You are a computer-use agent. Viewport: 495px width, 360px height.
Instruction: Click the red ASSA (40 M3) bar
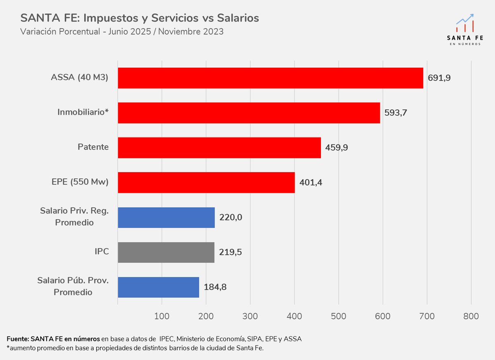pyautogui.click(x=270, y=78)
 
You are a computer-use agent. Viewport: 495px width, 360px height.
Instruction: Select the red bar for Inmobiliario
pyautogui.click(x=249, y=113)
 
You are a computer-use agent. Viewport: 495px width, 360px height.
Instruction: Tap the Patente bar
pyautogui.click(x=219, y=147)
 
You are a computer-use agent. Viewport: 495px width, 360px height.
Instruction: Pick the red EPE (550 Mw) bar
pyautogui.click(x=206, y=182)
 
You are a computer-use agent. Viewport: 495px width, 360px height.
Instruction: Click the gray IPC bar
pyautogui.click(x=166, y=252)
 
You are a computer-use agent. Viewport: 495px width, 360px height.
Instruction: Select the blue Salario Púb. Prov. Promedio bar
pyautogui.click(x=158, y=287)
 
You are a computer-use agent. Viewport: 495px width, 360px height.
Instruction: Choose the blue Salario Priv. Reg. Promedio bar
pyautogui.click(x=166, y=217)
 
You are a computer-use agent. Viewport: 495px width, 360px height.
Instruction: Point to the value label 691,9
pyautogui.click(x=439, y=78)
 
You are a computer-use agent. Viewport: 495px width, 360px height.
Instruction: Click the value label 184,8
pyautogui.click(x=215, y=287)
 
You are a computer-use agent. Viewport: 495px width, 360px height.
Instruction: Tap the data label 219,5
pyautogui.click(x=230, y=252)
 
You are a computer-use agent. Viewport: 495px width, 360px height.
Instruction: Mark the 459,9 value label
pyautogui.click(x=336, y=147)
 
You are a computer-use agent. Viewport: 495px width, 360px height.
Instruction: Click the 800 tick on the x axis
pyautogui.click(x=471, y=316)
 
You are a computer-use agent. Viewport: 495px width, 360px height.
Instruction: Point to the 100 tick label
pyautogui.click(x=162, y=316)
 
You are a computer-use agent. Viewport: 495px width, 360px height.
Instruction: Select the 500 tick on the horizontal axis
pyautogui.click(x=338, y=316)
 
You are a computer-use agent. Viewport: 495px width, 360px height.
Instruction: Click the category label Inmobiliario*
pyautogui.click(x=83, y=112)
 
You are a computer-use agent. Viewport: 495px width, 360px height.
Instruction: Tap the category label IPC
pyautogui.click(x=101, y=251)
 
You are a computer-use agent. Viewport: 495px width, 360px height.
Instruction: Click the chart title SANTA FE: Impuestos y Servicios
pyautogui.click(x=140, y=18)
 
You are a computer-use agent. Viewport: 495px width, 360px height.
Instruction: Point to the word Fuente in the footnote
pyautogui.click(x=17, y=339)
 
